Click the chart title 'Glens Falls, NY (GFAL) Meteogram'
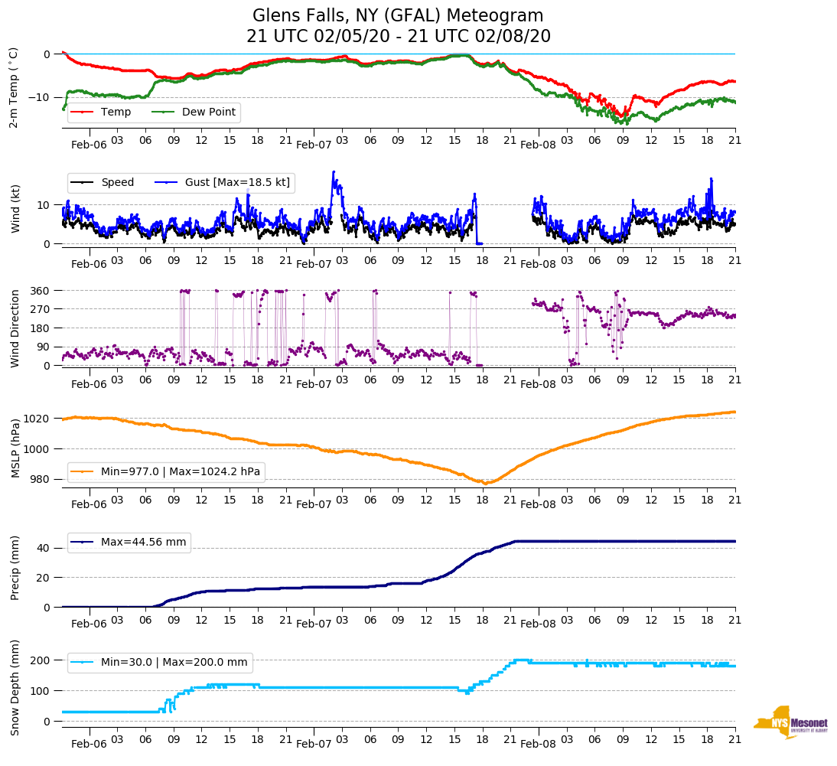pos(398,15)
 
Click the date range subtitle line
pos(398,36)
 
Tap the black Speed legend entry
pos(107,182)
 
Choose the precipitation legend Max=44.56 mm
pos(129,542)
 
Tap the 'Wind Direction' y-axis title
pos(15,328)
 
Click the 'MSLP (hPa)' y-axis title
pos(16,448)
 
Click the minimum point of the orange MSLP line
pos(485,483)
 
